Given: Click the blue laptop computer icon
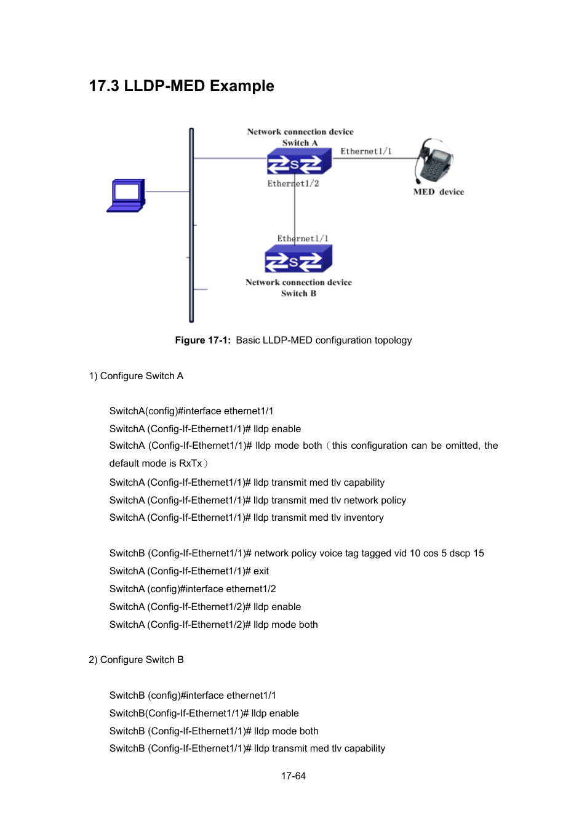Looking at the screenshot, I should [126, 195].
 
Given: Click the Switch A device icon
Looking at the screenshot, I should [299, 163].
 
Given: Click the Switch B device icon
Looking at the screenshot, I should [298, 259].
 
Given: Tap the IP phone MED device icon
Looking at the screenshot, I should [434, 160].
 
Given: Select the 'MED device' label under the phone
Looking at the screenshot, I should [438, 192].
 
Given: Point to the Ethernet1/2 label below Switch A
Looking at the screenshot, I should [293, 183].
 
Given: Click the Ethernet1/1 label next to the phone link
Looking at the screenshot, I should [365, 151].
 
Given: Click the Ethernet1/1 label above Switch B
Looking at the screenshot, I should [303, 239].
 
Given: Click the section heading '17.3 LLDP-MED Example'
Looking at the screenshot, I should [182, 86].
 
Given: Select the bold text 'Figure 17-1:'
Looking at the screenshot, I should [202, 340].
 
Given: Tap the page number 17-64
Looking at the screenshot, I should [293, 776].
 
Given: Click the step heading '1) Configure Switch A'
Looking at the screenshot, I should [136, 376].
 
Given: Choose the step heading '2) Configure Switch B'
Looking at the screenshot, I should [136, 660].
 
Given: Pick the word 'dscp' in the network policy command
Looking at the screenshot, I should [460, 553].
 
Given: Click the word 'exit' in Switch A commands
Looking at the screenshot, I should [261, 571].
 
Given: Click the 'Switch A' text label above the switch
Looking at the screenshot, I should [300, 143].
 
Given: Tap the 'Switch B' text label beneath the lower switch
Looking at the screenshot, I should [298, 294].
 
